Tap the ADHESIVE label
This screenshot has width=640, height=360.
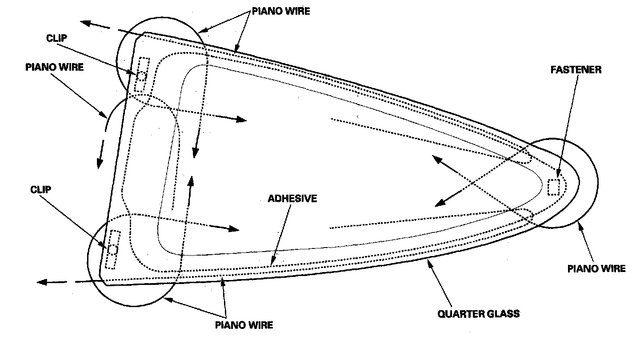[x=292, y=199]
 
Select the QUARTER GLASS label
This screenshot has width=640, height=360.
[x=478, y=314]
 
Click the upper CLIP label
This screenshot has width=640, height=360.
[x=56, y=38]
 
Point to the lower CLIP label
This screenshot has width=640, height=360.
[x=40, y=190]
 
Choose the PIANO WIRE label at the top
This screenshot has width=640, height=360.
[x=281, y=12]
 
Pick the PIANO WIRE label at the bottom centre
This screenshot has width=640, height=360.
[x=244, y=325]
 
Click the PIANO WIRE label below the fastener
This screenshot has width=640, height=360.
[x=597, y=268]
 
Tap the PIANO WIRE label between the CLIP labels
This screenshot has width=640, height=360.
[x=55, y=67]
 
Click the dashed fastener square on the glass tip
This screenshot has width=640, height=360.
[x=553, y=187]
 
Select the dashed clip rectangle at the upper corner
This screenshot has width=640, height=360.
[x=142, y=75]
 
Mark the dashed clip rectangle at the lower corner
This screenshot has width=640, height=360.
[x=113, y=249]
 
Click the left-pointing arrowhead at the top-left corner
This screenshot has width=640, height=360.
[x=85, y=23]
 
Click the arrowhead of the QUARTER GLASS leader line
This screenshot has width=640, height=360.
[x=428, y=263]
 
